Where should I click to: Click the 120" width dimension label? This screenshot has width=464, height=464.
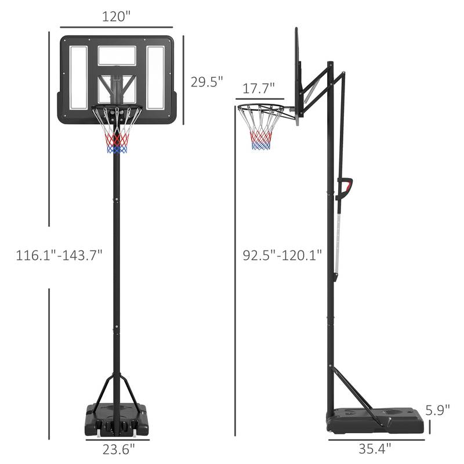point(116,17)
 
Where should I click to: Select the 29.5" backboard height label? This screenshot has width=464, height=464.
point(207,82)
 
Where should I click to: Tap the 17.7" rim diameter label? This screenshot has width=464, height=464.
point(259,89)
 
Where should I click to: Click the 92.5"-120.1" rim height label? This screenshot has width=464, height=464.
point(282,255)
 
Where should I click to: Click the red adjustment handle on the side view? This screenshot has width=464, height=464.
point(346,187)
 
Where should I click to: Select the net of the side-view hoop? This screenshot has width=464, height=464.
point(260,130)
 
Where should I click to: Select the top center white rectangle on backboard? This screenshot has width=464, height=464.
point(117,56)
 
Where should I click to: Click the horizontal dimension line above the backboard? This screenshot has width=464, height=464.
point(117,27)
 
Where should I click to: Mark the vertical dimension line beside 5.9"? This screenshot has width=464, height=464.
point(430,427)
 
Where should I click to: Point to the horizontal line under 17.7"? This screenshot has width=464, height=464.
point(260,99)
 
